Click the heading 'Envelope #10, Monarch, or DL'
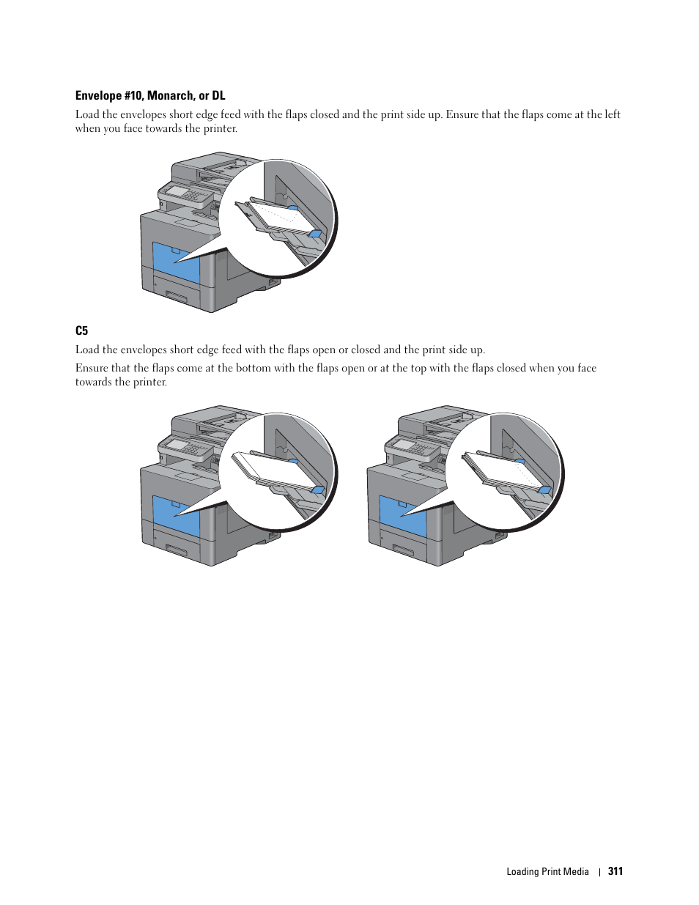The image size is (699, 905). point(150,95)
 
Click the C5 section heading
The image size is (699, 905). point(81,330)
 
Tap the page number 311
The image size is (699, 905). point(615,871)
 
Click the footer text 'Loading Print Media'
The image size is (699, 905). point(547,871)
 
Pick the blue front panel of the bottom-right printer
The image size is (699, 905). point(402,517)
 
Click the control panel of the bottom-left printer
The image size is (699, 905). point(185,446)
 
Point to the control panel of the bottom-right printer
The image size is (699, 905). point(412,446)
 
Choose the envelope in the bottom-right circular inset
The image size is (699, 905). point(498,469)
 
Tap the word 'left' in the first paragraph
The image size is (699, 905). point(612,114)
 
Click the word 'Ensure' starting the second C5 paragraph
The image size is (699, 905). point(92,368)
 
